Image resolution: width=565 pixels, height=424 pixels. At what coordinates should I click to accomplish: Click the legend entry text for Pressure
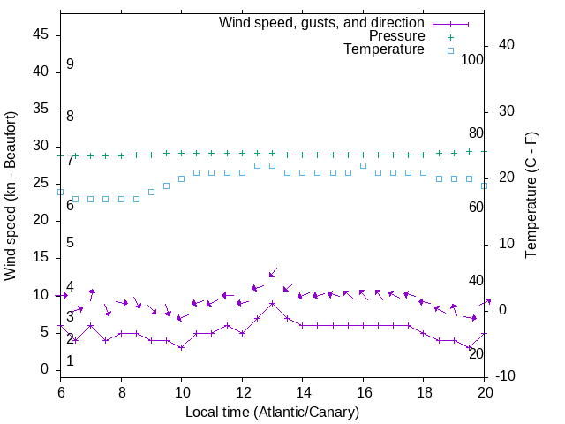[397, 36]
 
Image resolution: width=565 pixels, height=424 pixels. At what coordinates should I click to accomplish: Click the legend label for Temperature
[384, 49]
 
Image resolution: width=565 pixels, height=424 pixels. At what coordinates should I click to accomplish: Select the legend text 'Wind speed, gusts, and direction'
[322, 22]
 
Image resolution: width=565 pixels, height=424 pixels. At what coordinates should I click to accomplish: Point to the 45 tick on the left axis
[41, 35]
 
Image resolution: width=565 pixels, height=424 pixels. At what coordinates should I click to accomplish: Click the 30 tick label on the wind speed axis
[41, 147]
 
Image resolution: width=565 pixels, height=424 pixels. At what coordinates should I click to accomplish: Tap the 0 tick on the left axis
[45, 369]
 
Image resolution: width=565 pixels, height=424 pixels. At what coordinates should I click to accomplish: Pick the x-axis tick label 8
[121, 391]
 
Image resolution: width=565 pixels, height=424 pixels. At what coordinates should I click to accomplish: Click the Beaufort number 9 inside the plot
[70, 64]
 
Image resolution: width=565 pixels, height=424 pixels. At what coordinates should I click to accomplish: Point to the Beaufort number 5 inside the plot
[70, 242]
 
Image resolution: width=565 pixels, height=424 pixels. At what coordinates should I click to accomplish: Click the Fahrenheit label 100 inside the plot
[472, 59]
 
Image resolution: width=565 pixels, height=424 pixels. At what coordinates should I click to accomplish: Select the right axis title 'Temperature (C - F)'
[531, 196]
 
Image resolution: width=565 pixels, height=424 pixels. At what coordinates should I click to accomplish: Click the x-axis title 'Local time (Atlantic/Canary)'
[272, 412]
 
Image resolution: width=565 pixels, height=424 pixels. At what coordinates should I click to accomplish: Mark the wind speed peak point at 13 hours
[272, 303]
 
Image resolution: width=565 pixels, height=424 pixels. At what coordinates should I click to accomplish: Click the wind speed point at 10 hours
[181, 347]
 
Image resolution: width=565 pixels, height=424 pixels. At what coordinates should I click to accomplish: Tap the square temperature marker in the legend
[449, 50]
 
